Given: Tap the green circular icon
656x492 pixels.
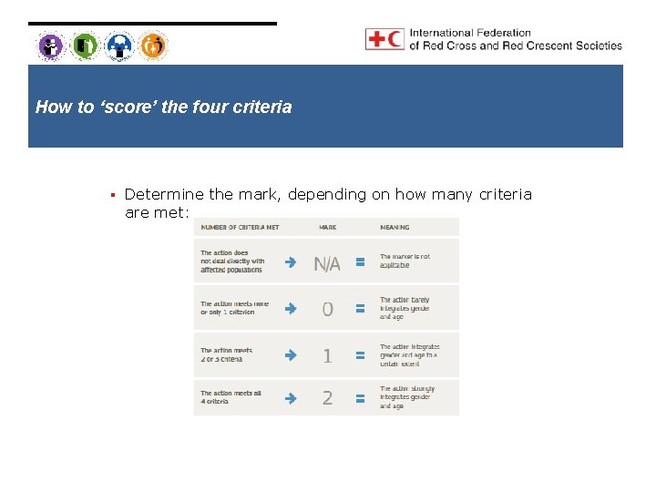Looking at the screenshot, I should [85, 45].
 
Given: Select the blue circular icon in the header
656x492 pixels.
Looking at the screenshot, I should [119, 45].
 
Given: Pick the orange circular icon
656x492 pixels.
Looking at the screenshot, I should [153, 45].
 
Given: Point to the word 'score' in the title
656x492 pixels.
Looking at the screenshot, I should [127, 107].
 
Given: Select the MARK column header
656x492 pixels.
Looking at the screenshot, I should [326, 227].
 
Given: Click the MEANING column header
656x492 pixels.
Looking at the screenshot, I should [395, 227].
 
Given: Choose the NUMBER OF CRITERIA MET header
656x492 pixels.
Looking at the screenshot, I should [241, 227].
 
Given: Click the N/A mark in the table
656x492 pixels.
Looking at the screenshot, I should [327, 264].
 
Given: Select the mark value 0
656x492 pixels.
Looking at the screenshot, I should [327, 309].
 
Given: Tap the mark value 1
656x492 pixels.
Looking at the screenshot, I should [327, 355].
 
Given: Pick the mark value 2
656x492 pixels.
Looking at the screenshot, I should [327, 397].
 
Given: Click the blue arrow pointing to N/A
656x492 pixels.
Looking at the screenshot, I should [290, 262].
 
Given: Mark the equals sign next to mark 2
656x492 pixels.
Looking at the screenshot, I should [360, 398].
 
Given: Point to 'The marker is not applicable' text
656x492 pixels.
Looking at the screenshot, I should [405, 261].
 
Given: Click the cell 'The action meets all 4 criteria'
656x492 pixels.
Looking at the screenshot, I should [231, 397].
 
